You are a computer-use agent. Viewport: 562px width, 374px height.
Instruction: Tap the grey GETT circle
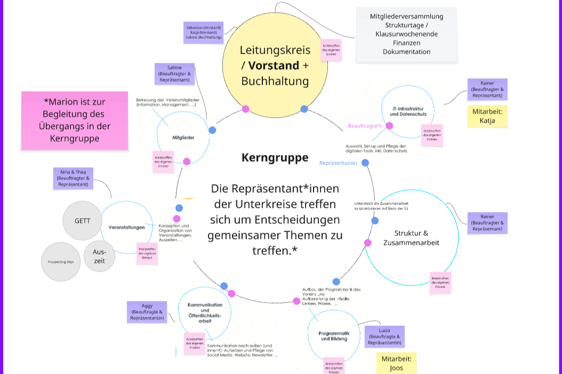82,221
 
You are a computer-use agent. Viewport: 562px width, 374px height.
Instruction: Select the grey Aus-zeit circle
100,256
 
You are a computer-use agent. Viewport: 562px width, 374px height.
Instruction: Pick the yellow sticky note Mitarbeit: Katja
487,116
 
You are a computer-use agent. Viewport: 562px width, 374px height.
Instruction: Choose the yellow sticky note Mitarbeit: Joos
396,363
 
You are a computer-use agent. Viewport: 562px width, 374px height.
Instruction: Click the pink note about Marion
75,120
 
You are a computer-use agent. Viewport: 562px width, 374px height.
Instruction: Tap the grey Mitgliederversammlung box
406,34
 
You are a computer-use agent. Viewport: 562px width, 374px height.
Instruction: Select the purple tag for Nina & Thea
74,178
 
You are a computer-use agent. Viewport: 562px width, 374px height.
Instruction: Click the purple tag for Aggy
147,312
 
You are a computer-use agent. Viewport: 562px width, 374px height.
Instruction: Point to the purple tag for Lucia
384,337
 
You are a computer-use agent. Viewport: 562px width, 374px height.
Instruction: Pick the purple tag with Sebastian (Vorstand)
203,32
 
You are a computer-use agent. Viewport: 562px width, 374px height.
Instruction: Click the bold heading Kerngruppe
275,158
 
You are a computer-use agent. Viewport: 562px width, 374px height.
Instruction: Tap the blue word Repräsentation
338,163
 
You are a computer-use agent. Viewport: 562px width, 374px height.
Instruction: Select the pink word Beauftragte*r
365,126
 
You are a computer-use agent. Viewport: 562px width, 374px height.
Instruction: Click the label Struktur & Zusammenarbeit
411,238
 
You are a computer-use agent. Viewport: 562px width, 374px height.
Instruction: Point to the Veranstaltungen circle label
127,227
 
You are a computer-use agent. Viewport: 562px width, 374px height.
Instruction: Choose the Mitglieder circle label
183,137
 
